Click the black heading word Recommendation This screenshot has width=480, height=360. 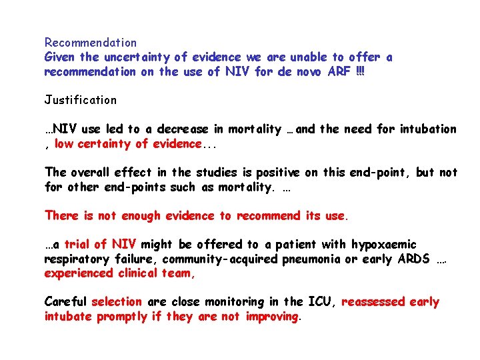pos(91,43)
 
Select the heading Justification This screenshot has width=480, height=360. pos(81,101)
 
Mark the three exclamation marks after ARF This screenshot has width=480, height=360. pos(361,72)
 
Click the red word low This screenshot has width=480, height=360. pos(64,144)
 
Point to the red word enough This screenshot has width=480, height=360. pos(134,216)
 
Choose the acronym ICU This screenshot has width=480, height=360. pos(319,302)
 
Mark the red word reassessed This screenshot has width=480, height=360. pos(373,302)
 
